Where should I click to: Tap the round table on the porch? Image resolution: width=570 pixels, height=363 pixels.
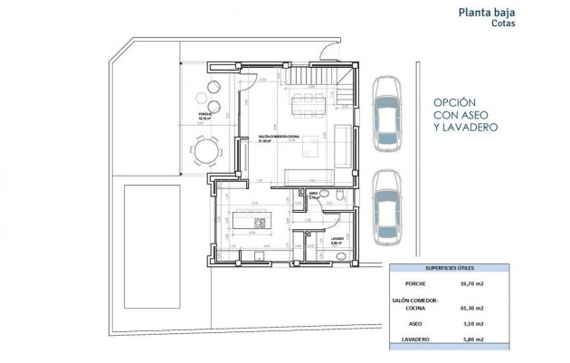coord(205,149)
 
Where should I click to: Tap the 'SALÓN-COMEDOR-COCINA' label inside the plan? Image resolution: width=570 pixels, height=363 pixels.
coord(273,137)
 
